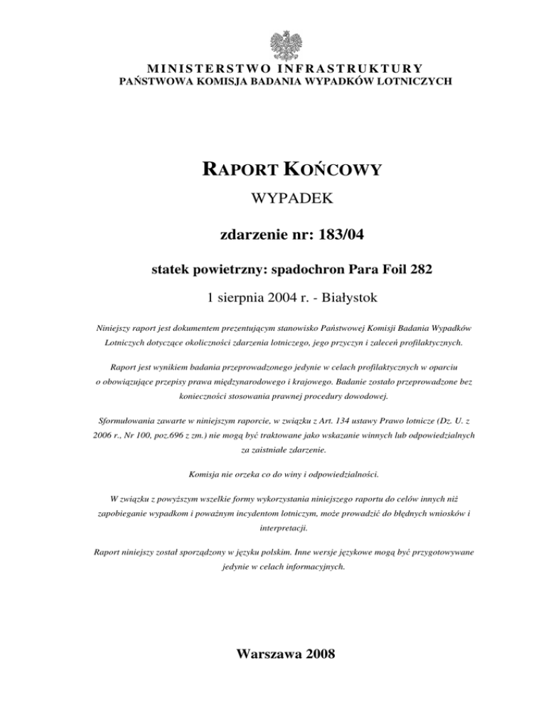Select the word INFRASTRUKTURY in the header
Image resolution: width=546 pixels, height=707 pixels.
(341, 68)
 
